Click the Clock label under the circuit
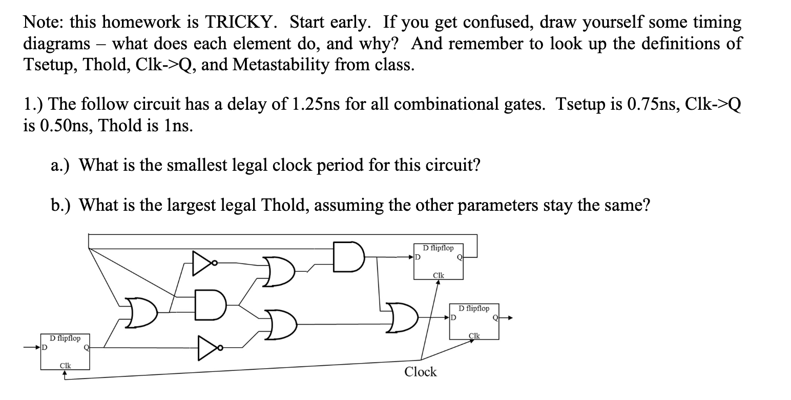tap(420, 372)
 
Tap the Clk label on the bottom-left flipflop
tap(65, 366)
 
